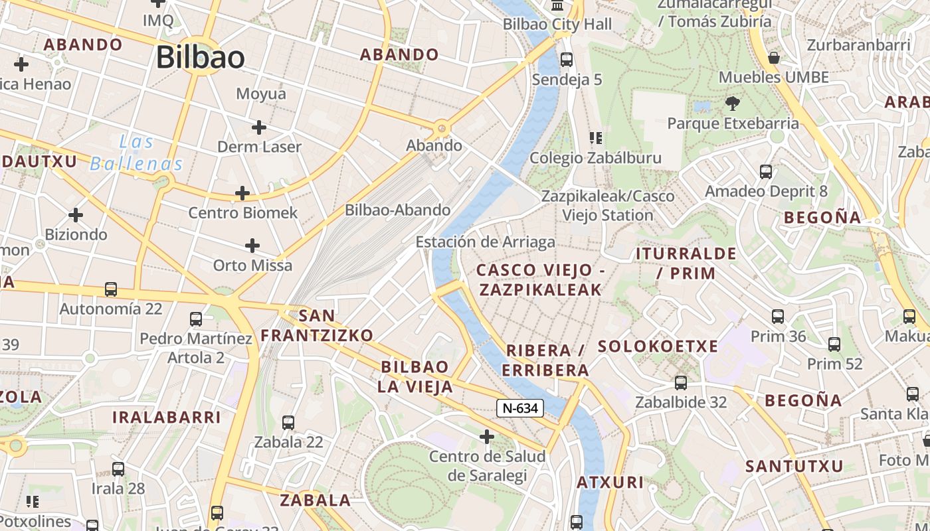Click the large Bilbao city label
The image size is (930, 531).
[x=201, y=58]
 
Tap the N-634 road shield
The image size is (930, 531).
[x=520, y=408]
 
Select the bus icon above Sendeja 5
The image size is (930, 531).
[x=567, y=60]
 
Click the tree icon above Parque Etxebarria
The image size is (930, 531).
[x=733, y=104]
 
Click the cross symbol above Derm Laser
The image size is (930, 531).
[x=259, y=127]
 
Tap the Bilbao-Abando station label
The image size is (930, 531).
[x=397, y=210]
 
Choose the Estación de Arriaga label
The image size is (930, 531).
[x=485, y=242]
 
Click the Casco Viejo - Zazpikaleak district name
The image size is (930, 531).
[x=539, y=279]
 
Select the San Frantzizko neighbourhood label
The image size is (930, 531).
[x=317, y=325]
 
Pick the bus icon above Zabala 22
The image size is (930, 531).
[x=288, y=422]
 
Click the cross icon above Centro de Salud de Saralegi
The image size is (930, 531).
[x=487, y=437]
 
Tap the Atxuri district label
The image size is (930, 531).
[x=610, y=483]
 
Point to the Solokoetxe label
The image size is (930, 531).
[x=658, y=346]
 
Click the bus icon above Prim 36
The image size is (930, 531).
[x=778, y=317]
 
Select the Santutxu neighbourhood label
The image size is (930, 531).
[x=794, y=466]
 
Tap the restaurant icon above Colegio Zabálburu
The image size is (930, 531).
[x=596, y=138]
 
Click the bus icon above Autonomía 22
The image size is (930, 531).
[x=111, y=289]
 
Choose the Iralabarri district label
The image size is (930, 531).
[x=166, y=417]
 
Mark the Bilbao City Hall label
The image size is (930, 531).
[x=557, y=25]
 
